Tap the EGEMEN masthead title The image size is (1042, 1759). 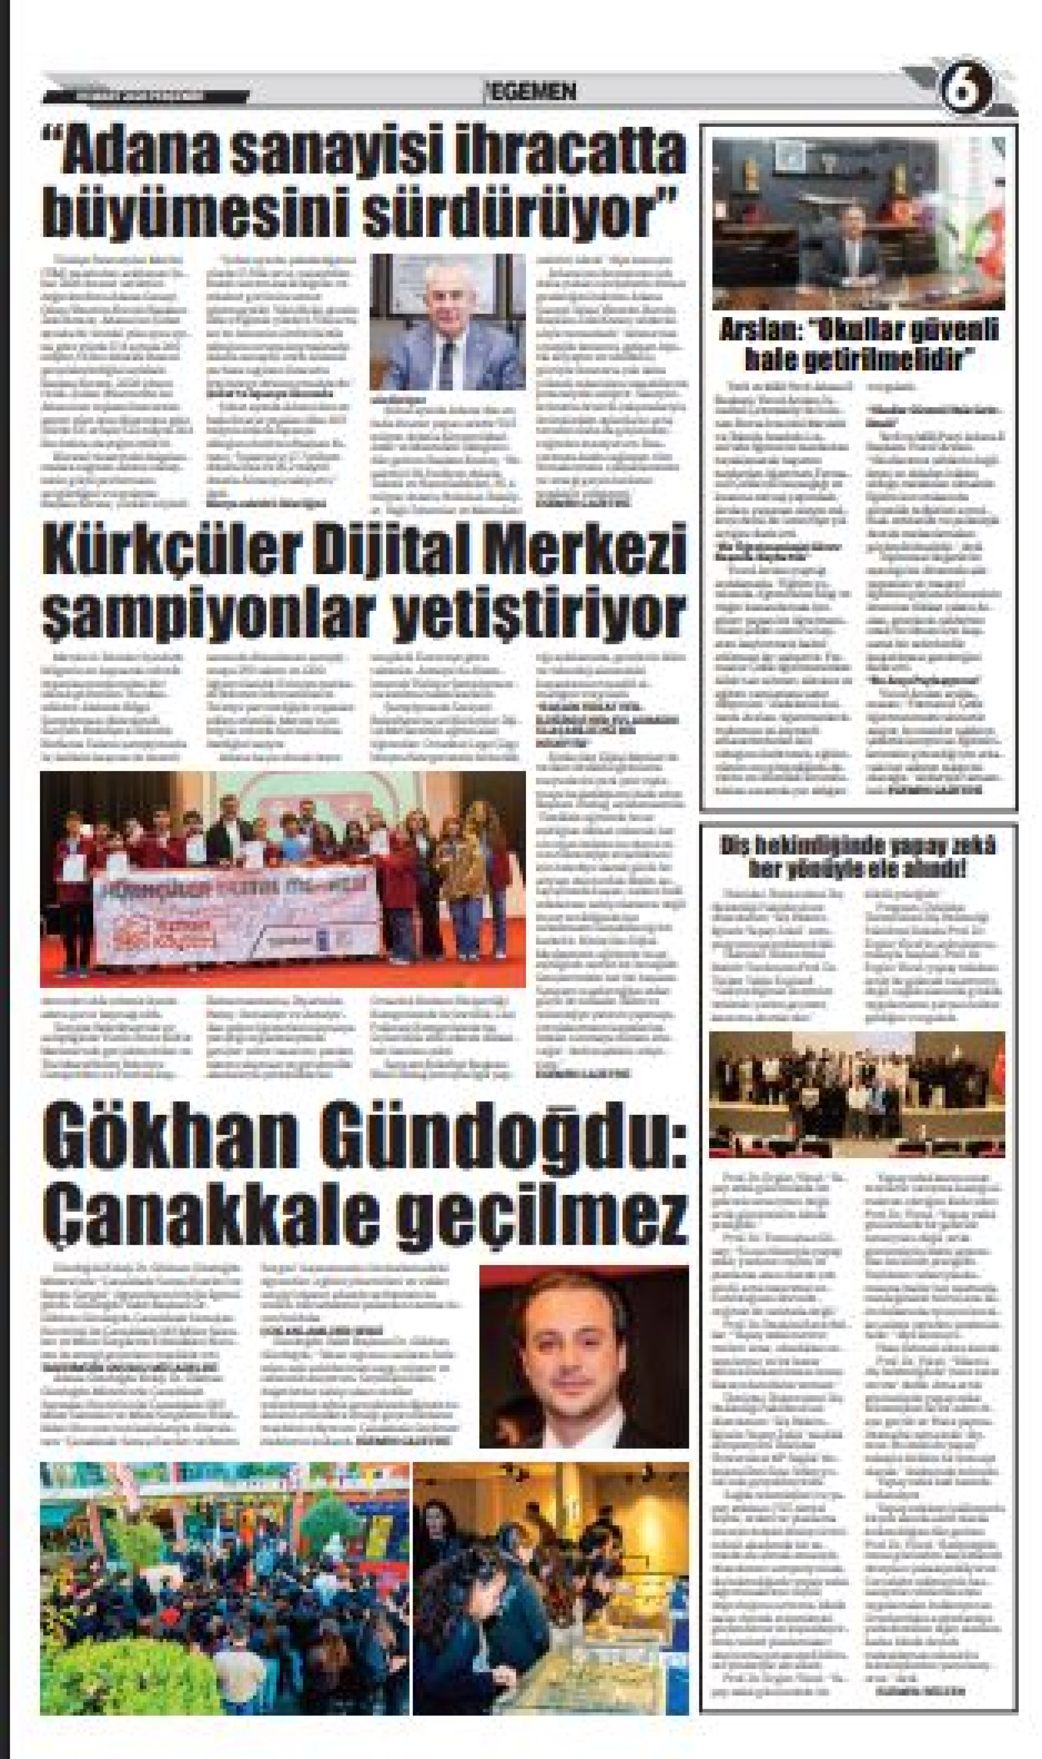533,91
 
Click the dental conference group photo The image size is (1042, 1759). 856,1094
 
